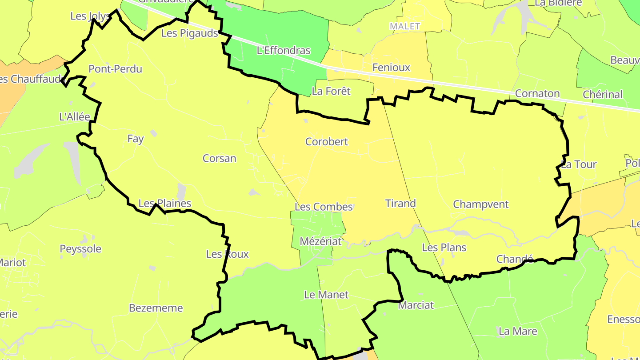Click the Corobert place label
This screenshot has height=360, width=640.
(326, 142)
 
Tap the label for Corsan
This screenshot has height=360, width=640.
(219, 158)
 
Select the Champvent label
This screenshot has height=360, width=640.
(480, 204)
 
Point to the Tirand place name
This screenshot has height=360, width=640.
(400, 204)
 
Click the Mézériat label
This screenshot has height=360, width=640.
(320, 241)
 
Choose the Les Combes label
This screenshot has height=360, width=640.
(324, 207)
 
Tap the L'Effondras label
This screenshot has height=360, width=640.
(284, 51)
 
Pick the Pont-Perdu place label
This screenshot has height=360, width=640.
(115, 69)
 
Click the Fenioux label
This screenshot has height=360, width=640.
(391, 68)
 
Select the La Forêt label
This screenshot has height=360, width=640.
(331, 91)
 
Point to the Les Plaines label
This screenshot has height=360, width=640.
(164, 204)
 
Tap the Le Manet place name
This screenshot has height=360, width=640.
(326, 295)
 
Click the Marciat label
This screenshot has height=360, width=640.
(416, 305)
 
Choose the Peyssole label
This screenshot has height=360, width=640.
(80, 249)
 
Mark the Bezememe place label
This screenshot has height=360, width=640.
(156, 308)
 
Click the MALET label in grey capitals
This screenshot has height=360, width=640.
(404, 26)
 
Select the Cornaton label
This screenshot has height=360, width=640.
(537, 94)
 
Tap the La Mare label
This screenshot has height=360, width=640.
(518, 331)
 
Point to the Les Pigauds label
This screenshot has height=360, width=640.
(189, 33)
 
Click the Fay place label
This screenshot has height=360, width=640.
(135, 139)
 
